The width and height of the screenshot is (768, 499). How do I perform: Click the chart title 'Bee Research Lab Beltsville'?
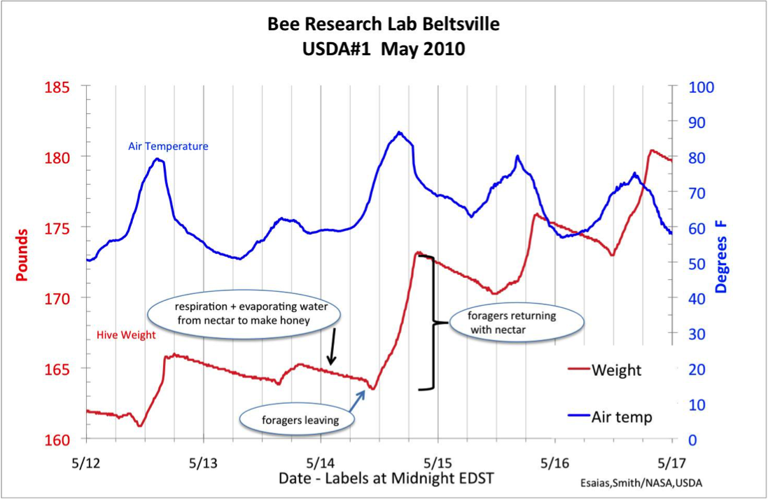[384, 25]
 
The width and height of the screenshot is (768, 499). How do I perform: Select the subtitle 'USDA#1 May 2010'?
[384, 50]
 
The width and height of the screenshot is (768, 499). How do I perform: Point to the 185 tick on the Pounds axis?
[58, 87]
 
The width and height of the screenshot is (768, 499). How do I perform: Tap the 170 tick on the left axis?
[58, 299]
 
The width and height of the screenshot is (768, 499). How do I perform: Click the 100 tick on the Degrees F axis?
[701, 87]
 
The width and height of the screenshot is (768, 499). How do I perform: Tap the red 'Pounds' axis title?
[22, 255]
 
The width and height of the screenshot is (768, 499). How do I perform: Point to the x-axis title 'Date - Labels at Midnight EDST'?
[386, 479]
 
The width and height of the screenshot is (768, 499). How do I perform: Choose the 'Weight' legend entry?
[615, 370]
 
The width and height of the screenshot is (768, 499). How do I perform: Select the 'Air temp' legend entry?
[622, 417]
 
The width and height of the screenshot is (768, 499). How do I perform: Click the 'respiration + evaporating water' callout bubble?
[242, 314]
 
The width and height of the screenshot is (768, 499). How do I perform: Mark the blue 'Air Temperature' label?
[168, 146]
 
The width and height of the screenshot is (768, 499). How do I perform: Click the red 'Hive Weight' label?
[126, 335]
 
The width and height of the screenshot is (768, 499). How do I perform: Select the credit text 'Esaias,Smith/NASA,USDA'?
[641, 483]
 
